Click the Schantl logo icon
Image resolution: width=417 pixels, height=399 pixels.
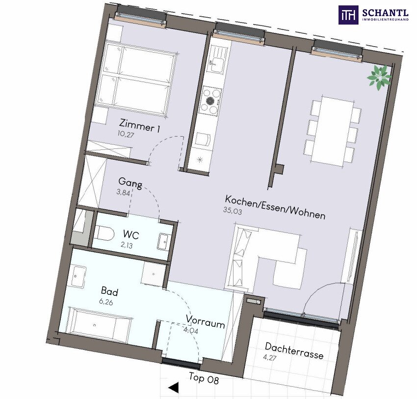point(348,15)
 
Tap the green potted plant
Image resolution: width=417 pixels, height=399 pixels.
point(379,77)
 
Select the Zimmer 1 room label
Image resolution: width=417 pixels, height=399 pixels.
point(140,126)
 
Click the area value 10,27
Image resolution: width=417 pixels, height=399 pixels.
point(126,134)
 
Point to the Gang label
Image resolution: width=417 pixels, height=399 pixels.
point(130,183)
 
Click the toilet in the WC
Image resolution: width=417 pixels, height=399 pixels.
point(104,233)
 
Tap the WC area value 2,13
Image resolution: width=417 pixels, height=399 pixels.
point(127,245)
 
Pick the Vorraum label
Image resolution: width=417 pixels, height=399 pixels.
point(205,321)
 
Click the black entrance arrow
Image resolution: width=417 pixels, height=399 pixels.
point(174,387)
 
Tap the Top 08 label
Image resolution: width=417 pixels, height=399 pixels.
point(204,378)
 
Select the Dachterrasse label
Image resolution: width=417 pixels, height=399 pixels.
point(294,351)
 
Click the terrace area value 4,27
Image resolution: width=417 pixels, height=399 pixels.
point(270,357)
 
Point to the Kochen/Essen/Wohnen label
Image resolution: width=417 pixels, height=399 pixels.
point(275,207)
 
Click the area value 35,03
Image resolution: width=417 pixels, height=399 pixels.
point(233,211)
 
